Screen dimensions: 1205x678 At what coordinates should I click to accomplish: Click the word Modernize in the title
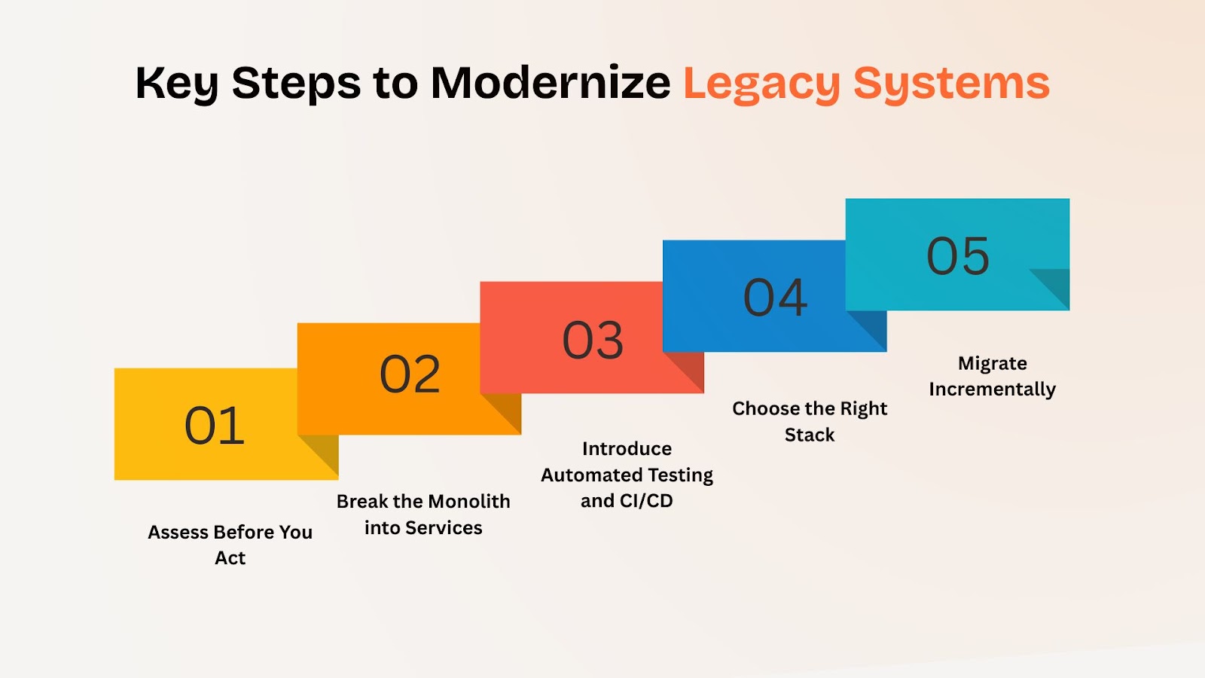point(551,83)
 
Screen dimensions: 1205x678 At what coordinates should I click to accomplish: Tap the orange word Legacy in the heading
point(761,85)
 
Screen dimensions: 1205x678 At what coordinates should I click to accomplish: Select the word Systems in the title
point(952,85)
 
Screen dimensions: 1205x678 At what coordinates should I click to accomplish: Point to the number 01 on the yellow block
point(214,426)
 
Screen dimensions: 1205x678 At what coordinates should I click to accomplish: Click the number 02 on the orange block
point(410,374)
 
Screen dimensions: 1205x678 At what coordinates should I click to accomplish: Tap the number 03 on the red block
point(593,340)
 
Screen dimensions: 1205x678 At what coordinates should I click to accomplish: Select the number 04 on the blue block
point(775,298)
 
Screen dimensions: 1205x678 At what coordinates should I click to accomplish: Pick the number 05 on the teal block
point(957,256)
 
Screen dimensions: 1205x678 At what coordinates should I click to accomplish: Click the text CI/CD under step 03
point(646,501)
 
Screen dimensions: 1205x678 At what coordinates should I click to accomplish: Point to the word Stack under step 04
point(809,435)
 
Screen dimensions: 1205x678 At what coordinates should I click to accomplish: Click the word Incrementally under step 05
point(992,389)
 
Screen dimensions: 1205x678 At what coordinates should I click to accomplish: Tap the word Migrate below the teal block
point(992,364)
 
